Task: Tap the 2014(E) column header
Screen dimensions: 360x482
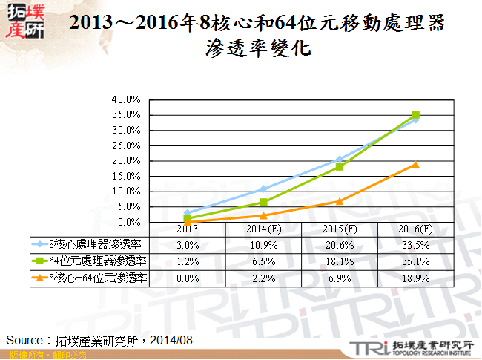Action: coord(263,229)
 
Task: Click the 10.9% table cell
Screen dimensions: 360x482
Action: coord(263,244)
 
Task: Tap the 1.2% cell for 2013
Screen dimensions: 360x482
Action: coord(188,261)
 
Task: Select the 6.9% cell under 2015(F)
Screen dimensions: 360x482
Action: coord(339,278)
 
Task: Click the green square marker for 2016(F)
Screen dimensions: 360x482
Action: coord(415,114)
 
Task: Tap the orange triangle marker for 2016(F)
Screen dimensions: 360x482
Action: coord(415,164)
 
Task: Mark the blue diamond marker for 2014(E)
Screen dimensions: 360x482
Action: coord(263,189)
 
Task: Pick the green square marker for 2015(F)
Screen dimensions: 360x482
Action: coord(339,166)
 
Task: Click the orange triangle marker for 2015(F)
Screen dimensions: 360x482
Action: coord(339,201)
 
